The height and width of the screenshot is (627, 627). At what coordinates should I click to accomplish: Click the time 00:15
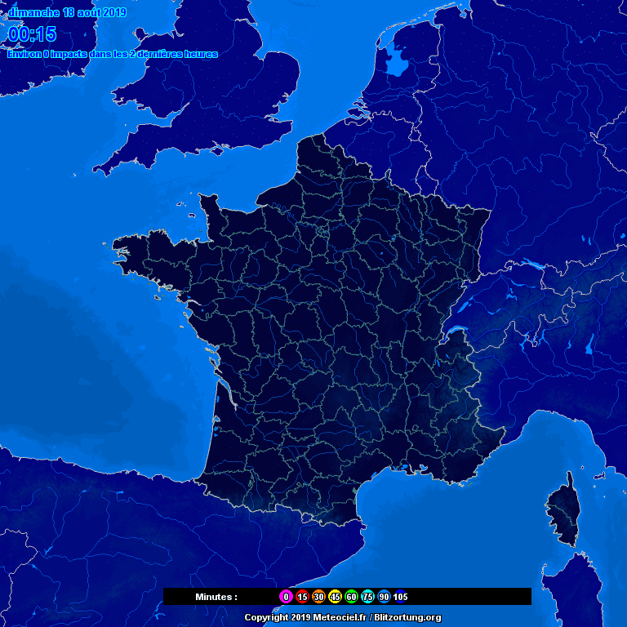click(x=33, y=34)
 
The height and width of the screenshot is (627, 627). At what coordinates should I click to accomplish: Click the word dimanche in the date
click(x=33, y=13)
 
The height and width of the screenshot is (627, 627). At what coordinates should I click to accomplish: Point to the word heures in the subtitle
click(x=200, y=54)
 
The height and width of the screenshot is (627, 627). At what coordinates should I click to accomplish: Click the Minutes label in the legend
click(x=216, y=597)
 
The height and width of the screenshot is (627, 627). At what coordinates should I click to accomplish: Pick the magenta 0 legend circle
click(x=286, y=597)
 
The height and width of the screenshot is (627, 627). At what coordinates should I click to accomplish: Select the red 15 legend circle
click(x=302, y=597)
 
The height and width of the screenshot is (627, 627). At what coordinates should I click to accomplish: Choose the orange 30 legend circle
click(x=318, y=597)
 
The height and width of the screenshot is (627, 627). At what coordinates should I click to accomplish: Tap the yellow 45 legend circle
click(x=335, y=597)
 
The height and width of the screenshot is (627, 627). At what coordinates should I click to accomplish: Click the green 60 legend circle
click(x=351, y=597)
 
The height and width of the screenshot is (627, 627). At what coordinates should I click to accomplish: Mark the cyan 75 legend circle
click(x=367, y=597)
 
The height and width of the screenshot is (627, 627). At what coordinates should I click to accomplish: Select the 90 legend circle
click(x=384, y=597)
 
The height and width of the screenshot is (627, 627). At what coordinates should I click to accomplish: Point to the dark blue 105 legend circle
click(x=400, y=597)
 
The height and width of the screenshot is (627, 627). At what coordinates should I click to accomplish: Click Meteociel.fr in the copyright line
click(x=340, y=618)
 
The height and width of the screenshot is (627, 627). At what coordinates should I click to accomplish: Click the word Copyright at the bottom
click(x=266, y=618)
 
